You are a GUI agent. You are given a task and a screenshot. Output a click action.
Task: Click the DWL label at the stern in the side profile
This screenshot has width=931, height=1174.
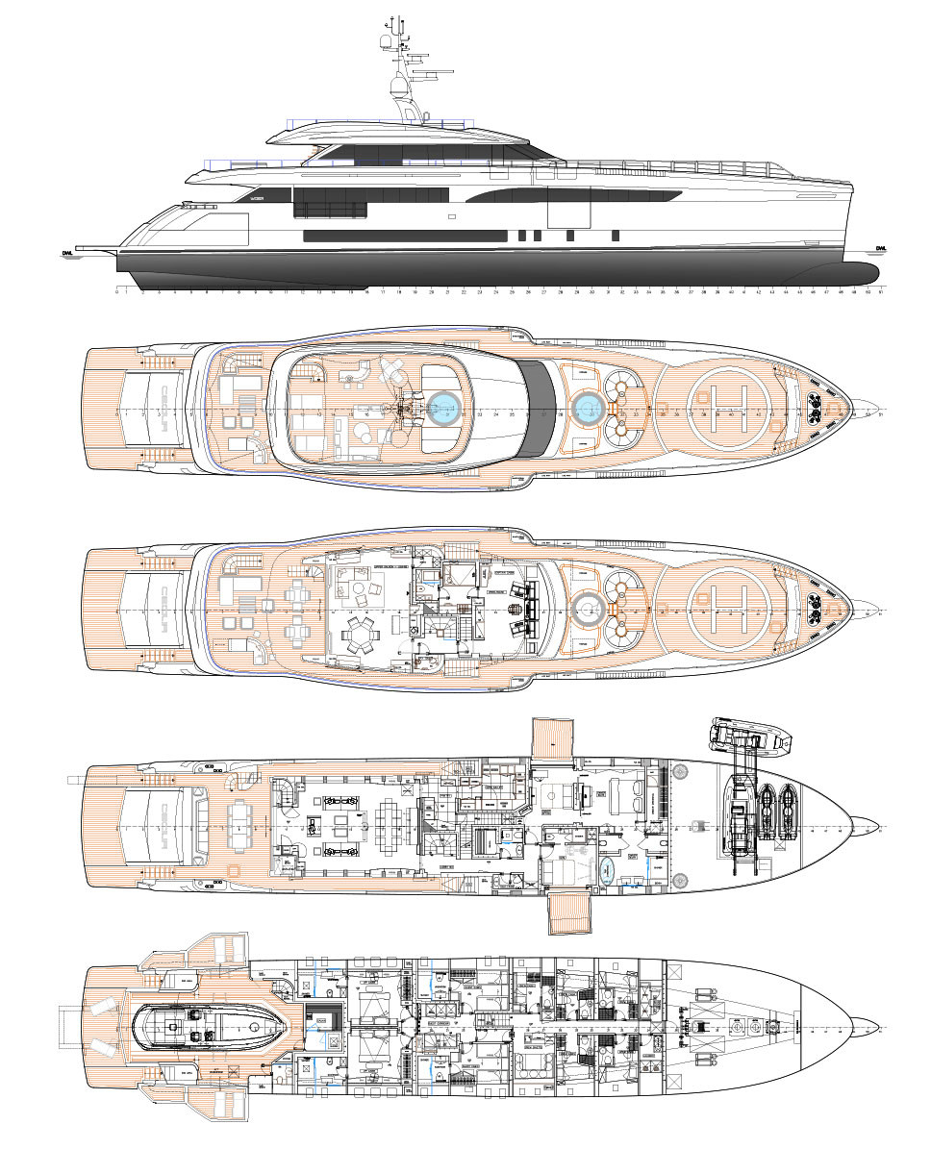[67, 253]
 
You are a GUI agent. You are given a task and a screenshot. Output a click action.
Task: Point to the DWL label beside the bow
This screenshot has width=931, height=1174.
[881, 248]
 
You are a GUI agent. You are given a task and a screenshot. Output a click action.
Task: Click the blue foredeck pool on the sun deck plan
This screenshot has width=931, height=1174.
[586, 409]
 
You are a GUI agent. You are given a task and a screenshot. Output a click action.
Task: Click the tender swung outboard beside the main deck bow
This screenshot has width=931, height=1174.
[748, 735]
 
